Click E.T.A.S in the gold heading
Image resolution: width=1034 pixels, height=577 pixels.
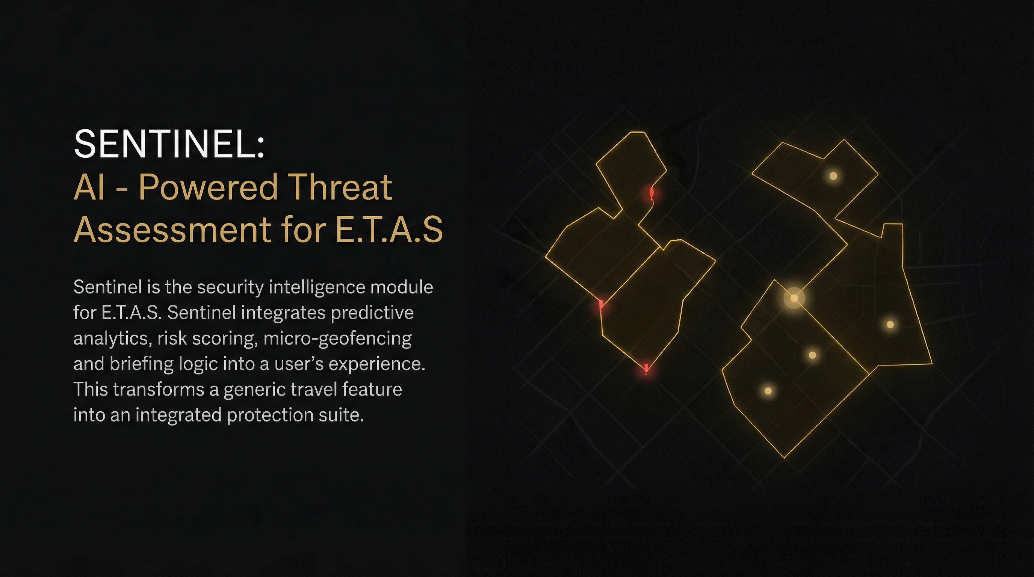pos(389,230)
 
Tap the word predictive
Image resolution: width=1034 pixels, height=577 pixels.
pos(372,313)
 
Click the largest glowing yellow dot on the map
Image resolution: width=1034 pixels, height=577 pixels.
pos(794,298)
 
